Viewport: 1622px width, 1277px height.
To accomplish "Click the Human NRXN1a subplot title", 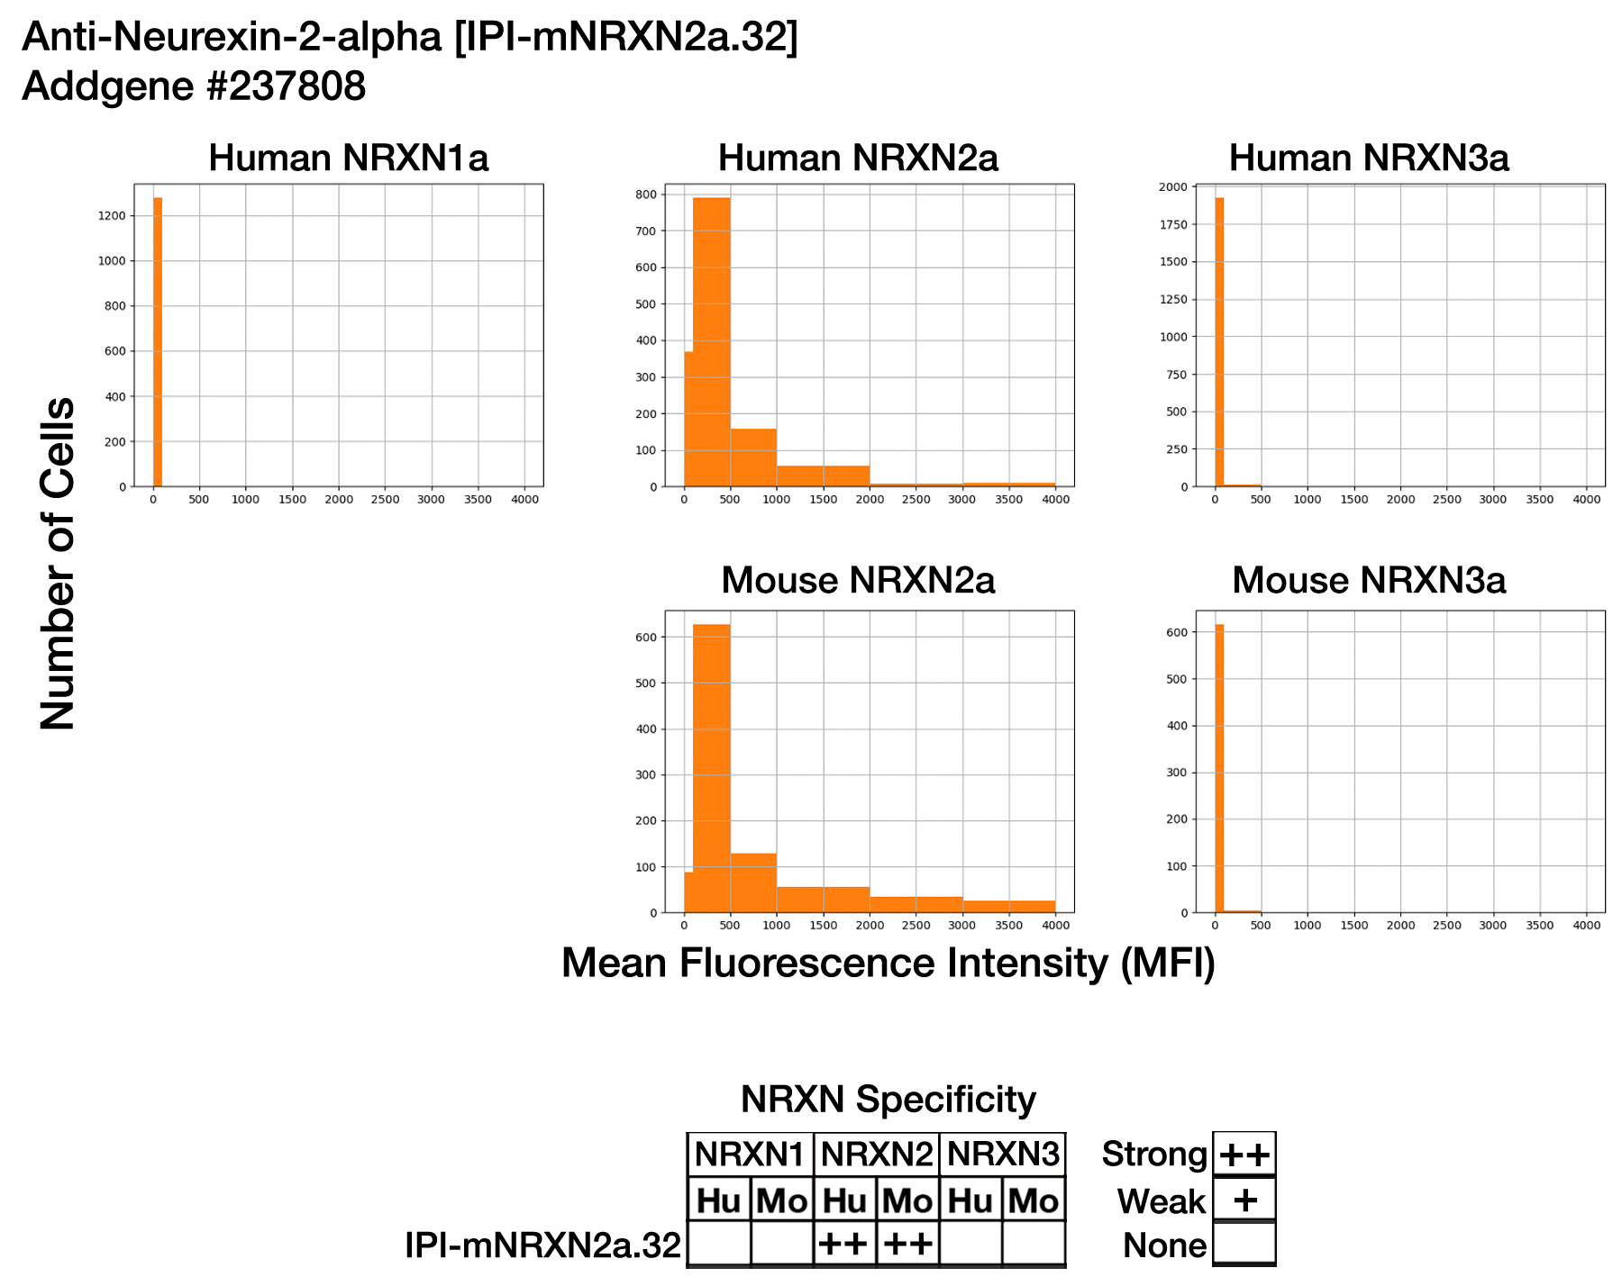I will coord(348,158).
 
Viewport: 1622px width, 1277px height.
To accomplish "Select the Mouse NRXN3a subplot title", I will coord(1368,581).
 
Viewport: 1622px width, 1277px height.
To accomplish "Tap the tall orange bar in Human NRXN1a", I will coord(158,342).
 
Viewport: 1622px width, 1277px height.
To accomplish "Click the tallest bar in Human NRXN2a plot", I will coord(712,342).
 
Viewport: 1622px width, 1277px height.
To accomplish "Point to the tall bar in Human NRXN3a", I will coord(1219,342).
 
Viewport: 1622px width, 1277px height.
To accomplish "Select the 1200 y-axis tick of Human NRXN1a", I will coord(114,216).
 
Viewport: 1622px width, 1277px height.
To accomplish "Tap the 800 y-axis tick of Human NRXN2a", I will coord(645,195).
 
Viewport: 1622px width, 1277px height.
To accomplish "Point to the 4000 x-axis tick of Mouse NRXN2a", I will coord(1055,926).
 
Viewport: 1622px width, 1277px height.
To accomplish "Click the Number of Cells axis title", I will coord(58,563).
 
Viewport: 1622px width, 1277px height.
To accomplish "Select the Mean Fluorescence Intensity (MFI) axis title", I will coord(888,964).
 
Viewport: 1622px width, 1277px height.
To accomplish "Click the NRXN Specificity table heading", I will coord(888,1100).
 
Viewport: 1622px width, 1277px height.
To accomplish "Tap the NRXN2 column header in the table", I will coord(876,1155).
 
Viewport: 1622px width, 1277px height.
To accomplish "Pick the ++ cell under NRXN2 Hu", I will coord(844,1245).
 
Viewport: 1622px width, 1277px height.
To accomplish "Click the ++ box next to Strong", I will coord(1244,1155).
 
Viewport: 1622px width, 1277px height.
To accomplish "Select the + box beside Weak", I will coord(1244,1200).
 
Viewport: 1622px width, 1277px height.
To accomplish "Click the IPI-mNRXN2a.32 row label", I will coord(542,1245).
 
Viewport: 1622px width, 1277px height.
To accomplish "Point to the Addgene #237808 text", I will coord(194,86).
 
